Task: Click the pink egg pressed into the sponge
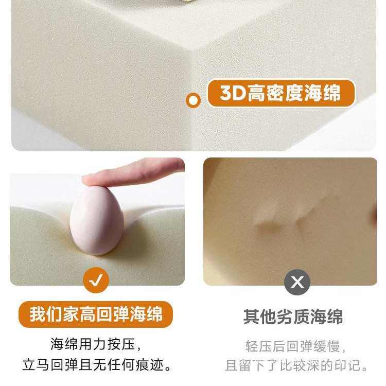pyautogui.click(x=96, y=220)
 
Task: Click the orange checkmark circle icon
pyautogui.click(x=97, y=281)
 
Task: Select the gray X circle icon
pyautogui.click(x=297, y=282)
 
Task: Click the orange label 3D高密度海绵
pyautogui.click(x=280, y=93)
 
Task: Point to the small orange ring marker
pyautogui.click(x=193, y=100)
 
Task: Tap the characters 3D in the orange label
pyautogui.click(x=232, y=94)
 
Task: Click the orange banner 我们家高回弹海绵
pyautogui.click(x=96, y=314)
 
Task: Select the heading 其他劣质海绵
pyautogui.click(x=293, y=317)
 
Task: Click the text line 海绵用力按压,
pyautogui.click(x=96, y=343)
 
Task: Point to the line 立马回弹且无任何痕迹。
pyautogui.click(x=97, y=365)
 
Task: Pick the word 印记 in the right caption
pyautogui.click(x=348, y=366)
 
